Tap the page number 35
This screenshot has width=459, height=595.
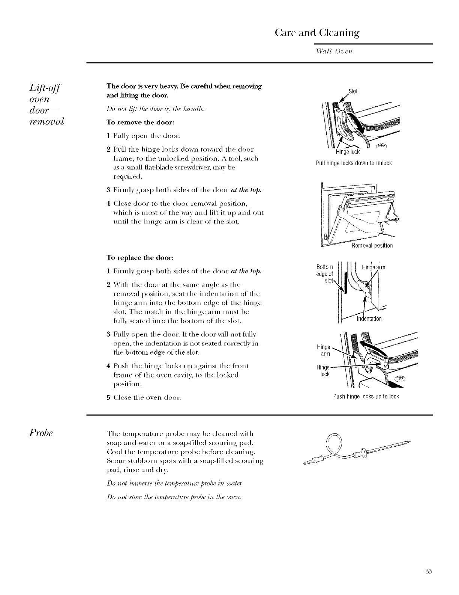[429, 571]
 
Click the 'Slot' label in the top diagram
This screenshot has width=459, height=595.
[353, 91]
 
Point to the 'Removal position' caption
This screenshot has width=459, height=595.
[372, 246]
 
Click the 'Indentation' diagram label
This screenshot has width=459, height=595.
[369, 319]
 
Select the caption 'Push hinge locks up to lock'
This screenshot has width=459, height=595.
[366, 396]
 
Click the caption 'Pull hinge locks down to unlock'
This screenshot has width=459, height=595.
[354, 163]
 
